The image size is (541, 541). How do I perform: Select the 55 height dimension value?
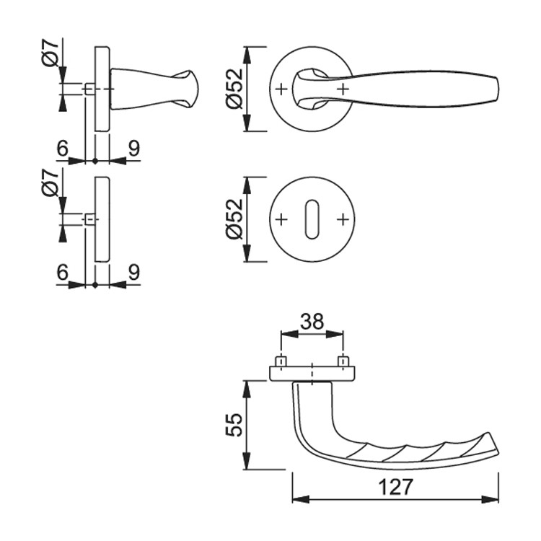pyautogui.click(x=234, y=425)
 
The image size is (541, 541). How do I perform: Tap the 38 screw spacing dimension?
pyautogui.click(x=312, y=322)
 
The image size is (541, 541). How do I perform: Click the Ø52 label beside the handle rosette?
pyautogui.click(x=234, y=89)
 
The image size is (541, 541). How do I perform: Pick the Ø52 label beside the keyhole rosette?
pyautogui.click(x=234, y=219)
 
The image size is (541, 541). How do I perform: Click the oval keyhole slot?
pyautogui.click(x=312, y=219)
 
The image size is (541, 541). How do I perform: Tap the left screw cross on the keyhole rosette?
pyautogui.click(x=281, y=219)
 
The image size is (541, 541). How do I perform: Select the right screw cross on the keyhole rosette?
pyautogui.click(x=343, y=219)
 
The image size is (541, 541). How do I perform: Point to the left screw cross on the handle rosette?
pyautogui.click(x=281, y=89)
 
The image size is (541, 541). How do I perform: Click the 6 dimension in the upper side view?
pyautogui.click(x=63, y=149)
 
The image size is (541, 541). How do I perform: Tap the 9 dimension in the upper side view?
pyautogui.click(x=134, y=149)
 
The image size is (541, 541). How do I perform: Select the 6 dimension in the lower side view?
pyautogui.click(x=63, y=273)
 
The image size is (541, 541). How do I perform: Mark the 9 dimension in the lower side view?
pyautogui.click(x=134, y=273)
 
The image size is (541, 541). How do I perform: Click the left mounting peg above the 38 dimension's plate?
pyautogui.click(x=281, y=362)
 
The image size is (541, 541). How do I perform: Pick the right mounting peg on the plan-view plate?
pyautogui.click(x=343, y=362)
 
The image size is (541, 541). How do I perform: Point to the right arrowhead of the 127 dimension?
pyautogui.click(x=490, y=499)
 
